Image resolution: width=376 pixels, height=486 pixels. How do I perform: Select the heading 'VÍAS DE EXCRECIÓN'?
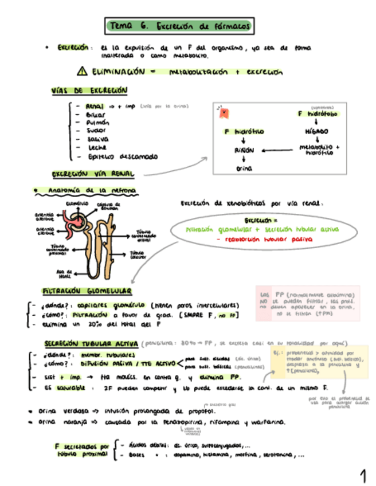point(89,91)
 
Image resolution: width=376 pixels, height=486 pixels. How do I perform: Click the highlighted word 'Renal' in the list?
point(94,106)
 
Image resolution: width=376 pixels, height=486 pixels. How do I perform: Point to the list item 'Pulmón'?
point(95,122)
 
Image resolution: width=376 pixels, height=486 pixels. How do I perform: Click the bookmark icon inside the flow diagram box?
point(225,113)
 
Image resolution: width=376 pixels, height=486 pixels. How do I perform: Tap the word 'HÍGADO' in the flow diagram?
point(316,131)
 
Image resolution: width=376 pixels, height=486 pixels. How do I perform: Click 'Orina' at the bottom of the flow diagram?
point(243,169)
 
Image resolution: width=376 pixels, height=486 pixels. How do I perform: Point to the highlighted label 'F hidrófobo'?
point(318,114)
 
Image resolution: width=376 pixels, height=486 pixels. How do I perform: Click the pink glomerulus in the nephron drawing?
point(75,220)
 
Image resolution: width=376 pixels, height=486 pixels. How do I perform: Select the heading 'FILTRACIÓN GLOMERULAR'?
point(86,292)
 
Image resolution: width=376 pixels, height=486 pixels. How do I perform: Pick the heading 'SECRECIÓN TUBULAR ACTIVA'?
point(91,343)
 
